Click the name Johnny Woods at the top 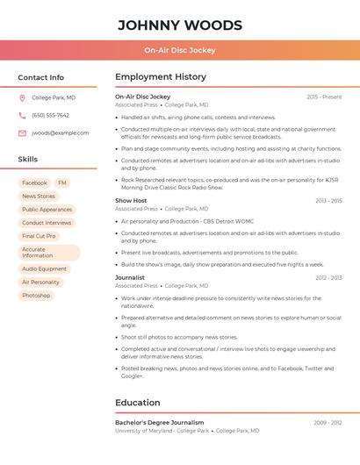[x=180, y=25]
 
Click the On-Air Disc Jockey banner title [x=180, y=50]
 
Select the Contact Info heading [x=40, y=77]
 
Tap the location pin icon [x=22, y=98]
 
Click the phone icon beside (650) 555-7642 [x=22, y=116]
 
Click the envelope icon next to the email [x=22, y=133]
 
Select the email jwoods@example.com [x=60, y=133]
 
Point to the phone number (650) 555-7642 [x=50, y=116]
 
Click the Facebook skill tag [x=34, y=183]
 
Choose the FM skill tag [x=62, y=183]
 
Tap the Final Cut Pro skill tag [x=39, y=236]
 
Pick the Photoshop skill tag [x=36, y=296]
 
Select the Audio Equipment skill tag [x=44, y=269]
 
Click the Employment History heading [x=161, y=77]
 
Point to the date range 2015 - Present [x=324, y=97]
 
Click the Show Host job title [x=131, y=201]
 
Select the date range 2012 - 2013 [x=328, y=278]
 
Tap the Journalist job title [x=130, y=278]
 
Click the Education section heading [x=138, y=403]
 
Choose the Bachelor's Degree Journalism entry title [x=159, y=423]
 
